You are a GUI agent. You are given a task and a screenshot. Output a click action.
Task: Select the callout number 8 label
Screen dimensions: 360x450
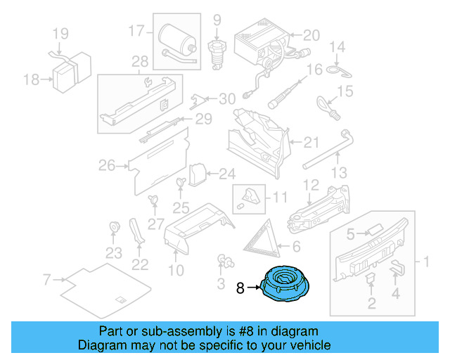(x=240, y=288)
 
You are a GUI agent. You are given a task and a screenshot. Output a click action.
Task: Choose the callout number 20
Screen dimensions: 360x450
(x=311, y=34)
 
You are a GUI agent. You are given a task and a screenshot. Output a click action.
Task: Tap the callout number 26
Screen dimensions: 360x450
(x=106, y=166)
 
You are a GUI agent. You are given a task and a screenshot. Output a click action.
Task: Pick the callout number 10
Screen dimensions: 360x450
(x=176, y=270)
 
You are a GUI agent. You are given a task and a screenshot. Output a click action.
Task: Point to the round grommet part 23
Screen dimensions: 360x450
(x=113, y=228)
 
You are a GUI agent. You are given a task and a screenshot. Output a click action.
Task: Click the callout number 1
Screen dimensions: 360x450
(x=425, y=262)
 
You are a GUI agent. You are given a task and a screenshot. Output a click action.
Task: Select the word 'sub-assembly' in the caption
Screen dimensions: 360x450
(x=175, y=331)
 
